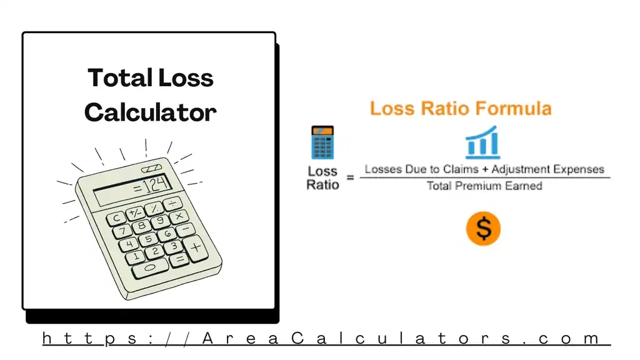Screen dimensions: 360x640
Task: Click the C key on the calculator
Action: [116, 218]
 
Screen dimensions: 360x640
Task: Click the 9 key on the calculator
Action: [161, 220]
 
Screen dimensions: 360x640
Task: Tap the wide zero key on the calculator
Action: [150, 267]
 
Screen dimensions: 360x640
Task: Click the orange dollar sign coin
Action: [483, 228]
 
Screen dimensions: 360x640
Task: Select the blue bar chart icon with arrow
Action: [482, 142]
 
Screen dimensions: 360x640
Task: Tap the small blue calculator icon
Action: [322, 142]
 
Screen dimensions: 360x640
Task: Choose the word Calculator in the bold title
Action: [150, 112]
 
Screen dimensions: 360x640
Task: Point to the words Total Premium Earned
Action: [484, 186]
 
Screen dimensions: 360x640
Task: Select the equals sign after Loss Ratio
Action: [350, 178]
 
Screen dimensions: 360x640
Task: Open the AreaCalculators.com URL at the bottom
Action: [325, 339]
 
